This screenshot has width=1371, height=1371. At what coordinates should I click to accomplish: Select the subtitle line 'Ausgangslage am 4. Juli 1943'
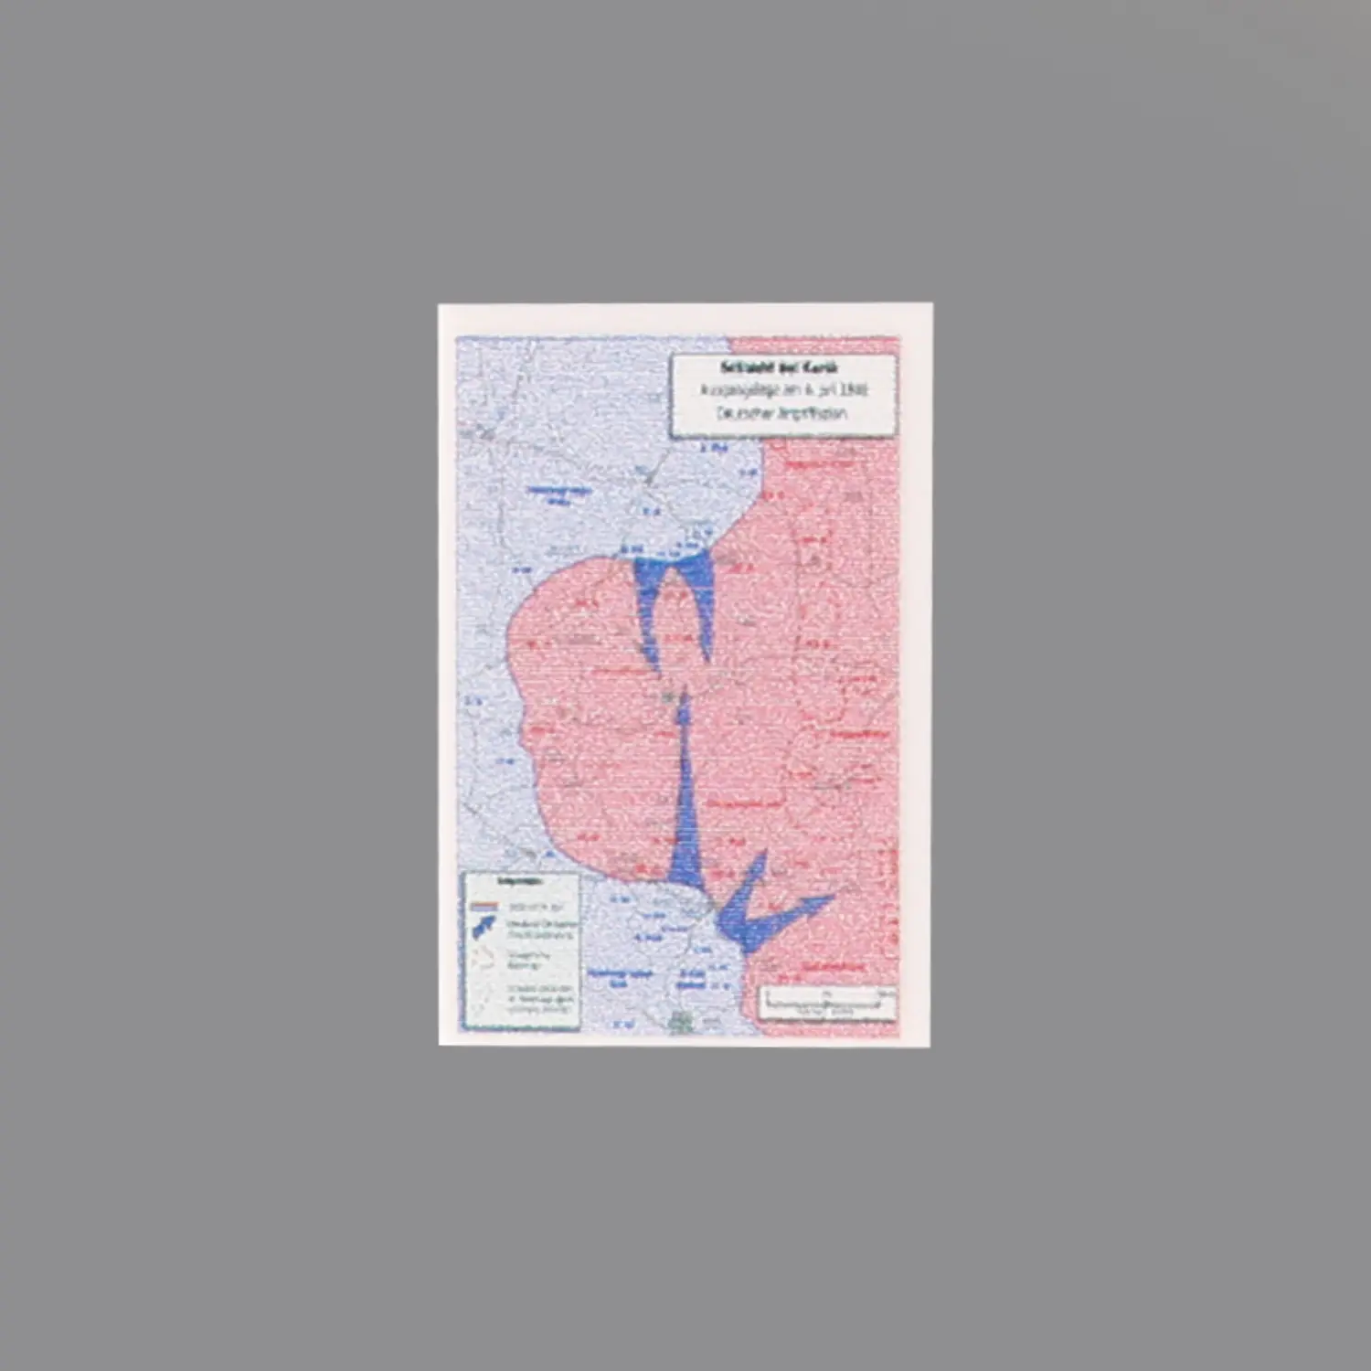(783, 389)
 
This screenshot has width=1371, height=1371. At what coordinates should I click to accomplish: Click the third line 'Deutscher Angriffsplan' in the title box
(782, 412)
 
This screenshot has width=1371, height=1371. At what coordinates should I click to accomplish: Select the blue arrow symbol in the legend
(484, 930)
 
